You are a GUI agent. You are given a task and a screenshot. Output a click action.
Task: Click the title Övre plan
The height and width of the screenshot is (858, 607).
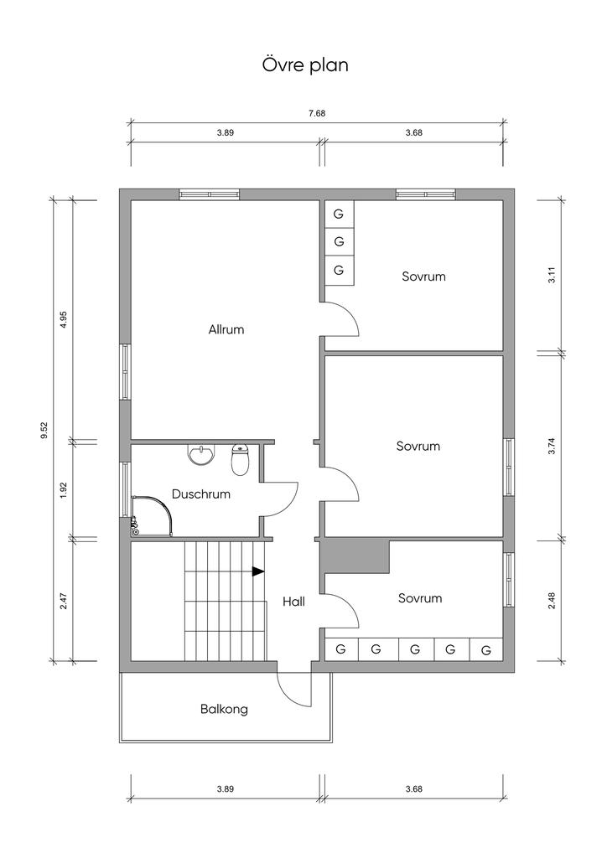coord(305,65)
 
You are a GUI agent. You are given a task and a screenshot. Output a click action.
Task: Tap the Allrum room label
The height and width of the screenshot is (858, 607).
coord(226,329)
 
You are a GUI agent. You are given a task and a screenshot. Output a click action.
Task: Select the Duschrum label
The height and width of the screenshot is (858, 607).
coord(201,494)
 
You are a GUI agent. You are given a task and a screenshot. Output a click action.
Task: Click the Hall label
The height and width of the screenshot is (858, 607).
coord(294,602)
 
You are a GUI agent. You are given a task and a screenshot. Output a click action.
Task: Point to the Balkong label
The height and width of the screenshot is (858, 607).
coord(224,710)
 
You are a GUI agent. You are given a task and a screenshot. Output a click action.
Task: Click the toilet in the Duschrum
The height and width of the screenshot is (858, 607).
coord(241,460)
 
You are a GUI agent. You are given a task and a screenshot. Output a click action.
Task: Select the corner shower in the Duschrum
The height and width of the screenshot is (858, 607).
coord(152,515)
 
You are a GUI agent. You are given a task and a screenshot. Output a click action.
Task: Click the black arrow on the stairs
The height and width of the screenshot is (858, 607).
coord(257,571)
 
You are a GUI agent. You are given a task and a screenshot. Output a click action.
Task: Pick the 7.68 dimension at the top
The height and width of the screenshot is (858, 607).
coord(317,114)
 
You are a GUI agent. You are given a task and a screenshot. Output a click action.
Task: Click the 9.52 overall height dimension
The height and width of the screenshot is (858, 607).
coord(45,430)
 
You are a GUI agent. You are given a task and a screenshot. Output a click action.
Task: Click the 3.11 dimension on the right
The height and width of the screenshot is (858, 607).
coord(552,275)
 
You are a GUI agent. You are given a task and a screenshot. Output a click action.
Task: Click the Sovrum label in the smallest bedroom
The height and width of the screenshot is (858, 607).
coord(420,598)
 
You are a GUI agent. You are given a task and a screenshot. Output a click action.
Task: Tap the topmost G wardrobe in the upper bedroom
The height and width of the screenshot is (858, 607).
coord(339,214)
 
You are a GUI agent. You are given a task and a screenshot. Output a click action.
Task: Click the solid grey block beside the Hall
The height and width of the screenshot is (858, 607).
coord(354,556)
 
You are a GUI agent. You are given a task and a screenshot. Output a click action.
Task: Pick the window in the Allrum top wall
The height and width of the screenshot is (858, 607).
coord(210,194)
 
